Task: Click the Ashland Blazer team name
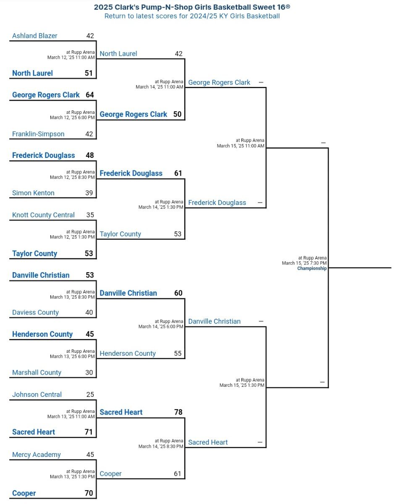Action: click(x=35, y=36)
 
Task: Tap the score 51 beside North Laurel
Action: click(x=89, y=73)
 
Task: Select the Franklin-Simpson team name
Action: click(x=38, y=134)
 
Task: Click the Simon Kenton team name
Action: click(x=33, y=193)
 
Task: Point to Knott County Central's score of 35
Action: click(x=90, y=215)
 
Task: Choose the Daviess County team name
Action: click(x=35, y=312)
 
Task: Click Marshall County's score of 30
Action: click(x=89, y=372)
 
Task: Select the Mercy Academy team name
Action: click(x=36, y=454)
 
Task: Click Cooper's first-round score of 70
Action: click(x=89, y=493)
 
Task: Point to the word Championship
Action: click(x=311, y=268)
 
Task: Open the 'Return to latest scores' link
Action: click(x=192, y=16)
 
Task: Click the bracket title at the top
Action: click(x=192, y=7)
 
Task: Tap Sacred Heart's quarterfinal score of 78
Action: click(x=178, y=412)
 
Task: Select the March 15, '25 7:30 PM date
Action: click(x=304, y=263)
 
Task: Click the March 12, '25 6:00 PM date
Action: click(x=72, y=117)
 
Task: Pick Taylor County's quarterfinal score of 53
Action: click(x=178, y=234)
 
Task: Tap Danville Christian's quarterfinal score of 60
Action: click(x=178, y=293)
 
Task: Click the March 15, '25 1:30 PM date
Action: click(x=242, y=385)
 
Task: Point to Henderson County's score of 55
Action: click(x=178, y=353)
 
